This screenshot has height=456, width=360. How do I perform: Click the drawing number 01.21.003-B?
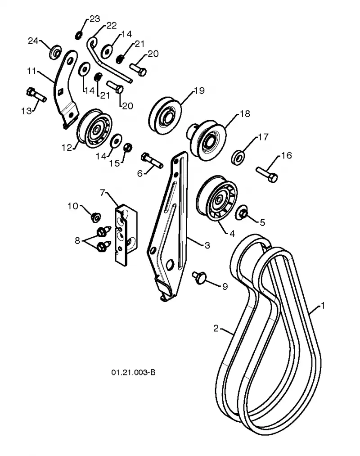(133, 372)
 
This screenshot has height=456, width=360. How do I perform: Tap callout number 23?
(94, 19)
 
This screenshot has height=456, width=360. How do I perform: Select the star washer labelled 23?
(78, 36)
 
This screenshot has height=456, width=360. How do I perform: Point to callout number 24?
(33, 41)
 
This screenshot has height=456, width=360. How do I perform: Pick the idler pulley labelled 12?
(94, 129)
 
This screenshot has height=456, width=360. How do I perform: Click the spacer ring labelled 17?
(238, 158)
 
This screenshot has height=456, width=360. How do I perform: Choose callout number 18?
(245, 114)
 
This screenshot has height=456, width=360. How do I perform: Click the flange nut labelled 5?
(242, 213)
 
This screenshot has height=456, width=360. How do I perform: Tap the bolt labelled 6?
(152, 160)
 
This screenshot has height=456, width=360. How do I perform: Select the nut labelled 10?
(95, 217)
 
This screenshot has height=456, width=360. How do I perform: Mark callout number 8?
(77, 240)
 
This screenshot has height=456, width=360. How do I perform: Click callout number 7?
(102, 193)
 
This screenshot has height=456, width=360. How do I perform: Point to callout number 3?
(207, 245)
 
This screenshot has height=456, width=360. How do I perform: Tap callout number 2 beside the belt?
(216, 328)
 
